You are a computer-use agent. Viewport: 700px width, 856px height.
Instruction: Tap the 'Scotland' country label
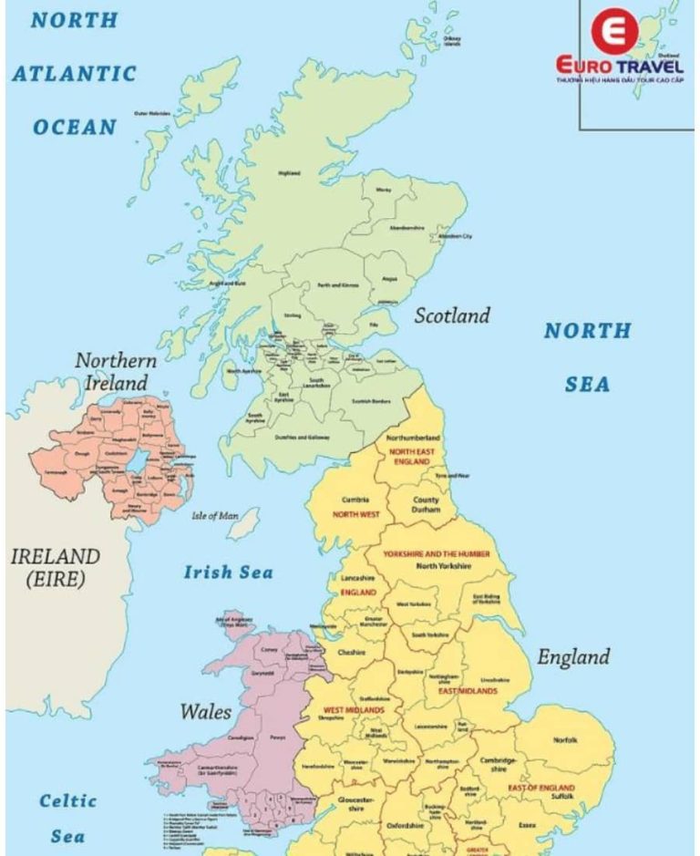pos(452,316)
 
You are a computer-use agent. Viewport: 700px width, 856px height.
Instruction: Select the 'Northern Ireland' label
pos(116,371)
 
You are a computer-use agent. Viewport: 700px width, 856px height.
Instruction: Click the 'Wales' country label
pos(205,711)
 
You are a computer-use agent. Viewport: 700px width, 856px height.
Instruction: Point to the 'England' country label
pos(572,656)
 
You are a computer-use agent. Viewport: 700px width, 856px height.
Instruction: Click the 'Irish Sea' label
pos(228,572)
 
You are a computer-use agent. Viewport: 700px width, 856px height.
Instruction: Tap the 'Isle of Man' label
pos(215,516)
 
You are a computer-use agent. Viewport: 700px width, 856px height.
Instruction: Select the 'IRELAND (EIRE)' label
pos(55,566)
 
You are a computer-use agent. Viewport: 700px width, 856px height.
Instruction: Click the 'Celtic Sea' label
pos(67,818)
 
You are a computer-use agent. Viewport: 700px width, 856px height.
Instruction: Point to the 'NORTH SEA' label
pos(587,356)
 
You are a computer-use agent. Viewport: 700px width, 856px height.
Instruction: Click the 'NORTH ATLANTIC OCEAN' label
pos(75,73)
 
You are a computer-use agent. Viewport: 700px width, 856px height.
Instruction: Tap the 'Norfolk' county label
pos(565,740)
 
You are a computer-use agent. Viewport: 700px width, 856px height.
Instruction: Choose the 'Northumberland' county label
pos(413,438)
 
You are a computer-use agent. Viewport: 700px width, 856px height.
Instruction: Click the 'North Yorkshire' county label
pos(443,566)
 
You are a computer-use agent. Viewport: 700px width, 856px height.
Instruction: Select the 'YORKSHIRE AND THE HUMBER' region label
pos(436,553)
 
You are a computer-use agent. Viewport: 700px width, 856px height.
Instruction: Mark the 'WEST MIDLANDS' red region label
pos(354,709)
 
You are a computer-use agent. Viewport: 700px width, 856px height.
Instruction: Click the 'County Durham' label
pos(426,505)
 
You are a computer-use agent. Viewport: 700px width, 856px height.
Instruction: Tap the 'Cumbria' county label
pos(355,500)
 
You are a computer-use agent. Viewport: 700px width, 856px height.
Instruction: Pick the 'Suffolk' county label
pos(562,797)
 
